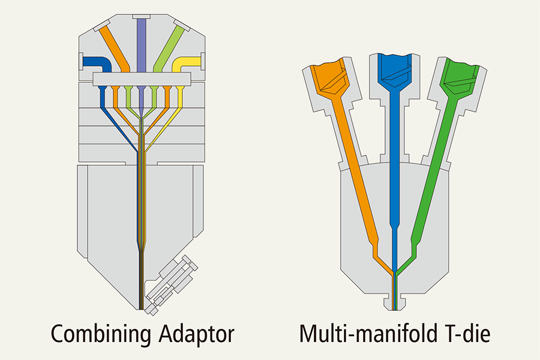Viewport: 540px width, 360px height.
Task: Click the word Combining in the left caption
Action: (101, 334)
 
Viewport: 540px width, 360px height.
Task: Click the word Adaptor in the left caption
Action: (196, 334)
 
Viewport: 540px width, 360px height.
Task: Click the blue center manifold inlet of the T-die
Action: (394, 71)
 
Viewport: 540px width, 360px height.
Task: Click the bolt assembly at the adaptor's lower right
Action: (171, 284)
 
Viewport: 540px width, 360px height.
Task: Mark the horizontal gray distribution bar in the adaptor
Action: (142, 79)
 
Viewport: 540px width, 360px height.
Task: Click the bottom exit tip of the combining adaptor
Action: (141, 308)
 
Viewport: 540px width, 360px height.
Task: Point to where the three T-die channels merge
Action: (395, 273)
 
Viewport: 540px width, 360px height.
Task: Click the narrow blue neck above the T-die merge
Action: (395, 247)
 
